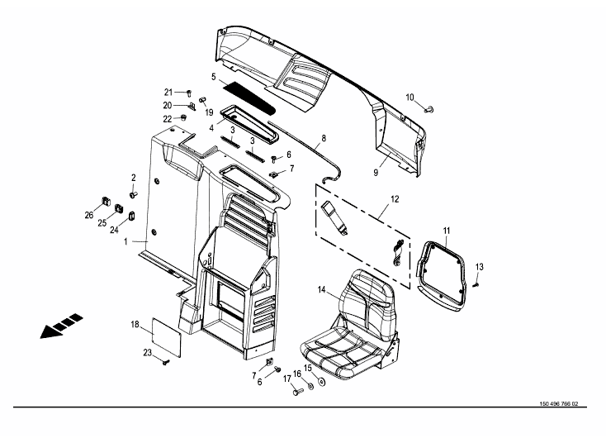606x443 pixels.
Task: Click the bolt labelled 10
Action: [429, 108]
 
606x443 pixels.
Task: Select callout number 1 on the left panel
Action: [125, 243]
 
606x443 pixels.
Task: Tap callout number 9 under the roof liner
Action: [375, 173]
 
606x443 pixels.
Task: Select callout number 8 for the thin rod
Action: [324, 138]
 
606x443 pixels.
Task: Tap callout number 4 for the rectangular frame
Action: [211, 127]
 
